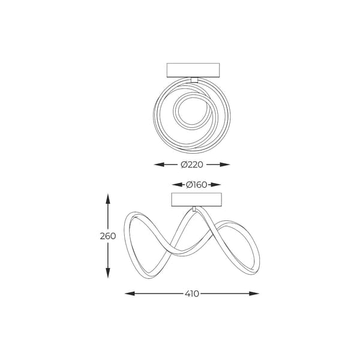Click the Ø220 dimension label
[192, 164]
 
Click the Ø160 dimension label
[197, 185]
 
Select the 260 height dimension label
[108, 236]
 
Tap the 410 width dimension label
[192, 293]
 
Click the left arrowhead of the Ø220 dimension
[159, 164]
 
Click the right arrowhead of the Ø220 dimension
[225, 164]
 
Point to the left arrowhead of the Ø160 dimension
[177, 185]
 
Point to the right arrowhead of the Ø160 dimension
[216, 185]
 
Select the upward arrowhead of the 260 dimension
[108, 199]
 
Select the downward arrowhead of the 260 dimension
[108, 273]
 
